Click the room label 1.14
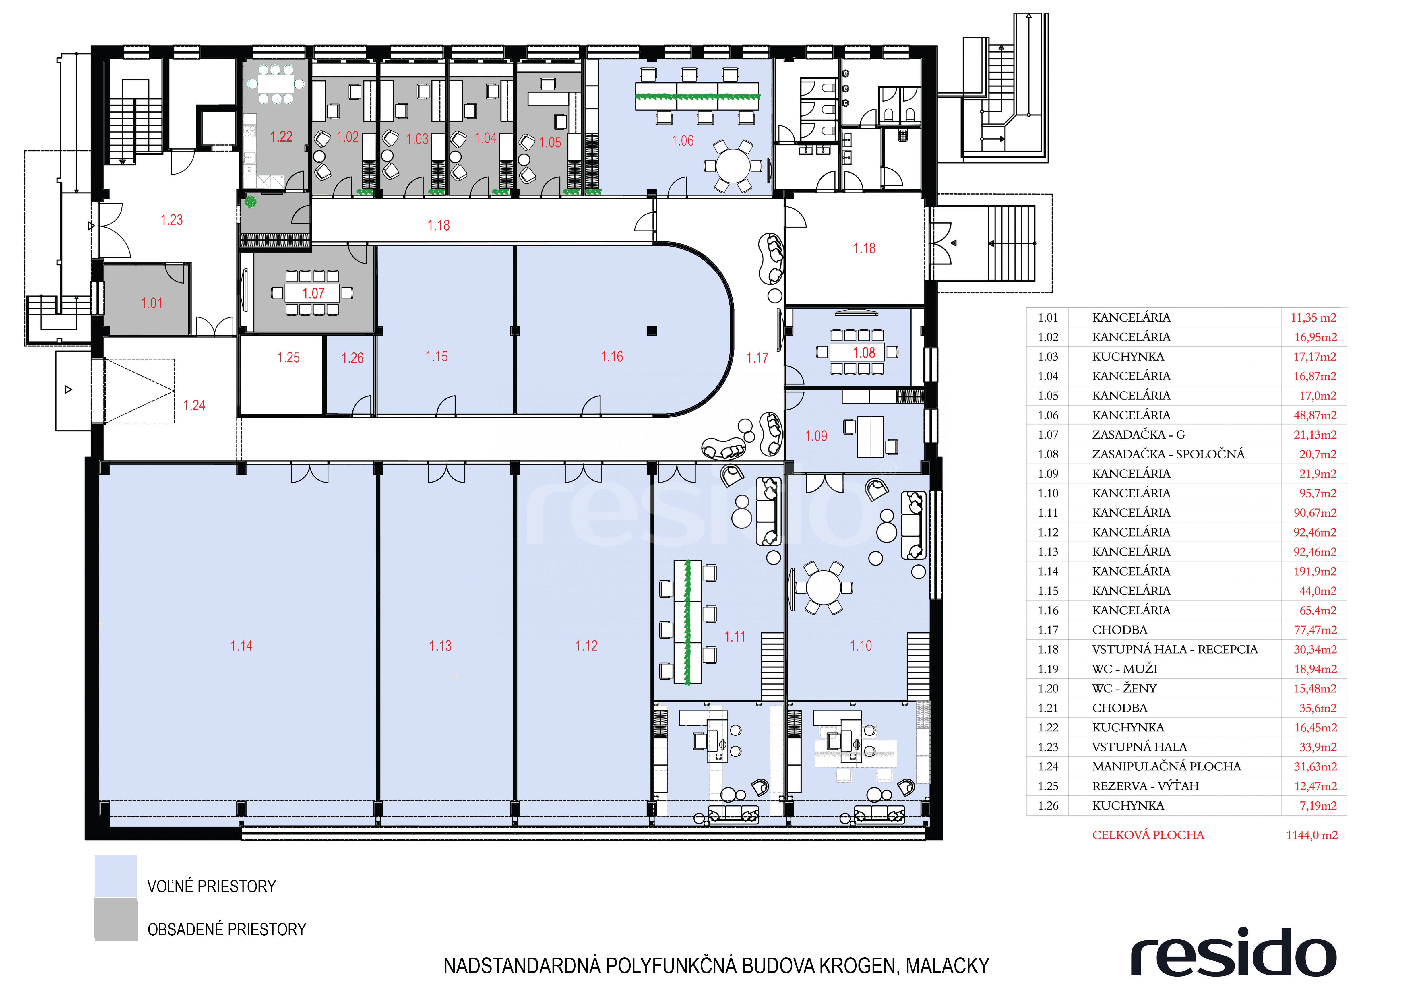pyautogui.click(x=241, y=646)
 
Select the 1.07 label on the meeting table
pyautogui.click(x=313, y=293)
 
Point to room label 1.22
pyautogui.click(x=281, y=136)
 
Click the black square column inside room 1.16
pyautogui.click(x=651, y=330)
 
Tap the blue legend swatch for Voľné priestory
pyautogui.click(x=115, y=876)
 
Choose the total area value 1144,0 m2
pyautogui.click(x=1312, y=835)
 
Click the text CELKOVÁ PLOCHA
pyautogui.click(x=1148, y=835)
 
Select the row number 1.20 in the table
pyautogui.click(x=1048, y=688)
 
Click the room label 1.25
pyautogui.click(x=288, y=358)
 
